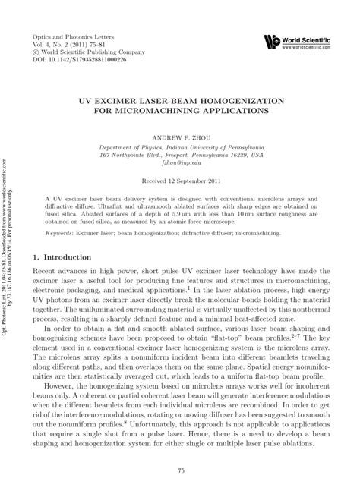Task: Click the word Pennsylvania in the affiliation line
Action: (242, 142)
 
